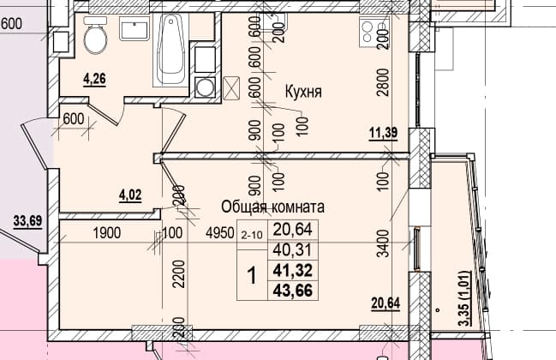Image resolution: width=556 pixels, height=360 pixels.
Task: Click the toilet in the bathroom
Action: (x=95, y=35)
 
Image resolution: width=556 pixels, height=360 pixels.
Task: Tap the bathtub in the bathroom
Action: (x=171, y=50)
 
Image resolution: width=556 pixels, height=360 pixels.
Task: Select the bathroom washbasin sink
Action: (x=135, y=29)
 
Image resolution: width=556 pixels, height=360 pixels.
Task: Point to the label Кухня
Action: (x=303, y=92)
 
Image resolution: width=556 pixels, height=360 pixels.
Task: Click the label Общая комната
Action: (x=272, y=207)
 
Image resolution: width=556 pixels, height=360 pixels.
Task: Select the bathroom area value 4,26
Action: (x=94, y=79)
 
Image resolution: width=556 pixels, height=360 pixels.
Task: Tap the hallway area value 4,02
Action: (x=130, y=195)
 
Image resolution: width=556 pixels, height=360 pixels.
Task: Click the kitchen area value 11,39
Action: (x=383, y=134)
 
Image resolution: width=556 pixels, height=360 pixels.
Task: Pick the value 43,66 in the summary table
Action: (x=293, y=291)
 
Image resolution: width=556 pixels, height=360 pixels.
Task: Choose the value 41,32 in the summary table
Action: (x=293, y=271)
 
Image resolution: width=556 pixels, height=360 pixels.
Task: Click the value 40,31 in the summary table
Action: (x=292, y=250)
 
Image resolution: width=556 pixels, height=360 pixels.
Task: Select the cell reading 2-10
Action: (x=252, y=235)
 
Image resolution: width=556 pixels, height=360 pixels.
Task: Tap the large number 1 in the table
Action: (x=252, y=276)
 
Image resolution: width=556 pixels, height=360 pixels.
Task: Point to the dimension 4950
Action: (x=220, y=233)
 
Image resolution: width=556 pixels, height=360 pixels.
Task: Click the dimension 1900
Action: (x=107, y=233)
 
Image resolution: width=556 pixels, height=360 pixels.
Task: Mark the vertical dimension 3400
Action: (x=383, y=243)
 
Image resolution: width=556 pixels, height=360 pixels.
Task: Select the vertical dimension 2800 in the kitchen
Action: (x=383, y=82)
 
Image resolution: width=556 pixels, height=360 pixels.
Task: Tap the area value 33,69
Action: (x=27, y=220)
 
